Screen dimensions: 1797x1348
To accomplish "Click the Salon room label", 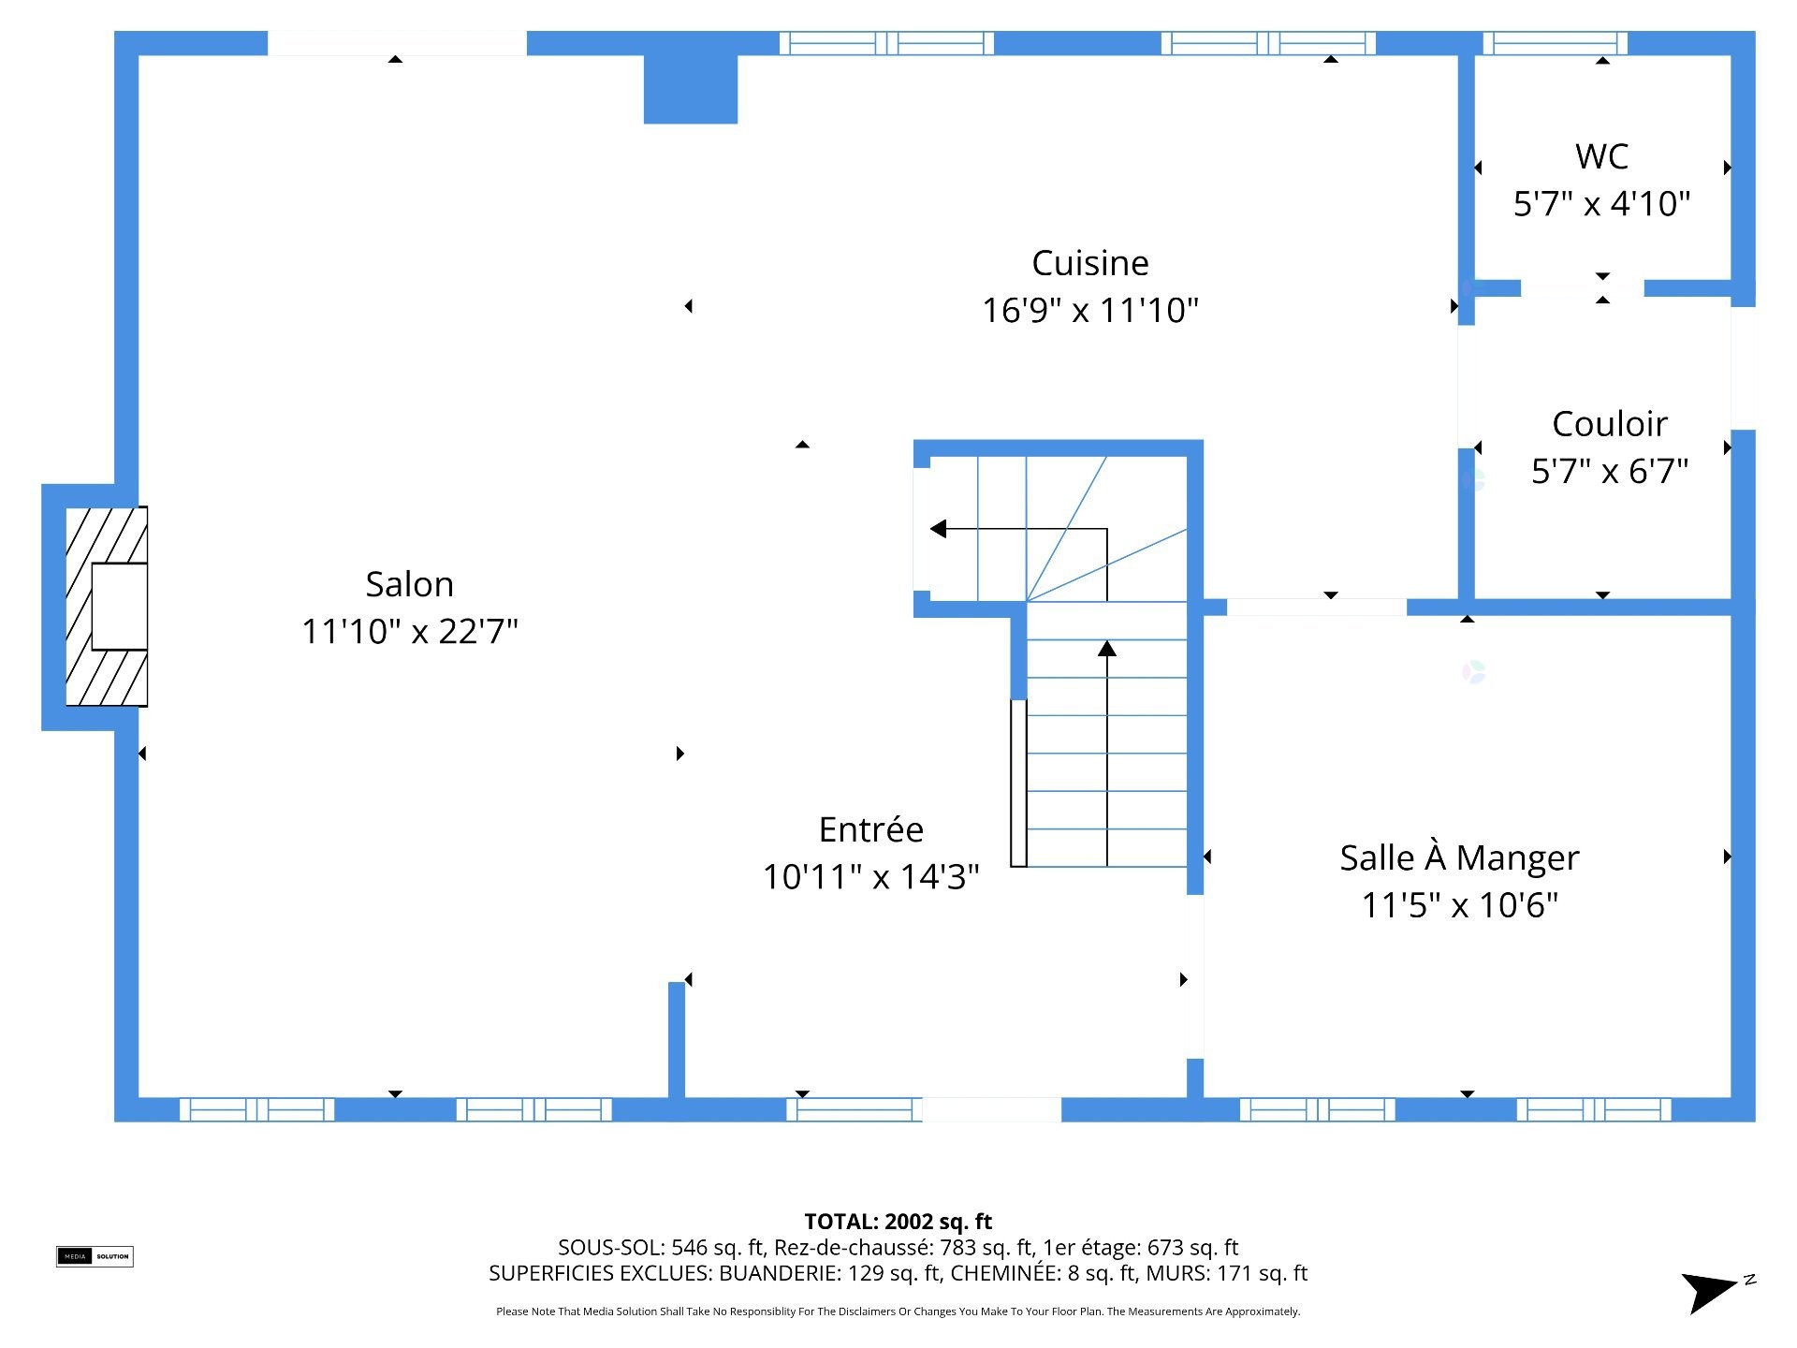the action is (409, 584).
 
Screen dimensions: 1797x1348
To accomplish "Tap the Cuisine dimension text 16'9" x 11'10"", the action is (1090, 310).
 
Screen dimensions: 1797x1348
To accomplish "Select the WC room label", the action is (1602, 156).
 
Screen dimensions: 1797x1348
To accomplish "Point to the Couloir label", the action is (1610, 424).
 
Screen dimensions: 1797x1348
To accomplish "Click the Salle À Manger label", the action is (1459, 857).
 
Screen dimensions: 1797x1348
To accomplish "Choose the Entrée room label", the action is (870, 829).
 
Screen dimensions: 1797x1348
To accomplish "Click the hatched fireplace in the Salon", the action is (107, 607).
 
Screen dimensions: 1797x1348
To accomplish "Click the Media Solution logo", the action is (95, 1256).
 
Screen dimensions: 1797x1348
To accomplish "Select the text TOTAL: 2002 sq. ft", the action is (898, 1222).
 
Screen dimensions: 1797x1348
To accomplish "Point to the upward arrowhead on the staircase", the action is (1107, 648).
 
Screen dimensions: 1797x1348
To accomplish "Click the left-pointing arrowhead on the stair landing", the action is (938, 529).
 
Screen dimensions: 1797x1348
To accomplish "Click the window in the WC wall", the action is (1556, 43).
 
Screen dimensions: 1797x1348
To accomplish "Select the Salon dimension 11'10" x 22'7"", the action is (409, 631).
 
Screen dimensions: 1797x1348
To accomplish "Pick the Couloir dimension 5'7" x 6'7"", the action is (1610, 471).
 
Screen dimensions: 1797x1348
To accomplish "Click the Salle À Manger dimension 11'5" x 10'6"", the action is (1459, 905).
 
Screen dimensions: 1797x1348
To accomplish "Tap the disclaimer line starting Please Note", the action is (898, 1311).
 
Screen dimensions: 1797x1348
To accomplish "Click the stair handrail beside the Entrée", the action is (1018, 783).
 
